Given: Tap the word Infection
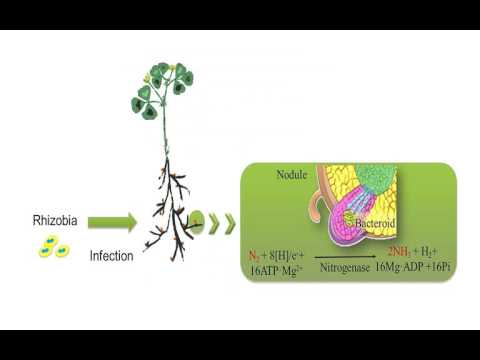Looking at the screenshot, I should (x=111, y=256).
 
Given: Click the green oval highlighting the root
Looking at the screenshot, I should (x=197, y=220).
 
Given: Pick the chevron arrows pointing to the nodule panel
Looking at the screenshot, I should (x=224, y=220).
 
